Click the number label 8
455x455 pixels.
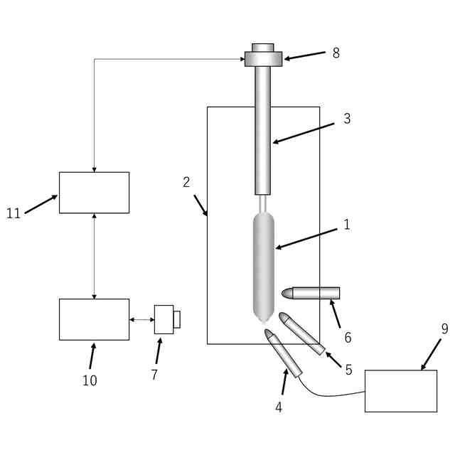pyautogui.click(x=336, y=53)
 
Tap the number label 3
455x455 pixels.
pyautogui.click(x=347, y=119)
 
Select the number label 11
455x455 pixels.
pyautogui.click(x=14, y=213)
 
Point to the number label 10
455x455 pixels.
pyautogui.click(x=90, y=380)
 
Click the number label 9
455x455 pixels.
pyautogui.click(x=444, y=328)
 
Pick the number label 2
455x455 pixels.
pyautogui.click(x=186, y=182)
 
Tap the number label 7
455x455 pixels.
pyautogui.click(x=154, y=375)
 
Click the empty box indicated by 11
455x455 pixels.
pyautogui.click(x=94, y=193)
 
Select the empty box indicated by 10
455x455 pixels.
pyautogui.click(x=94, y=319)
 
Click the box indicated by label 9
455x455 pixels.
pyautogui.click(x=400, y=390)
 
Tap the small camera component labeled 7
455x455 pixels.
pyautogui.click(x=165, y=319)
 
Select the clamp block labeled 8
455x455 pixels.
pyautogui.click(x=263, y=58)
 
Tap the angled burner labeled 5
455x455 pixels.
pyautogui.click(x=301, y=333)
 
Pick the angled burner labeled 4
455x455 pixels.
pyautogui.click(x=284, y=353)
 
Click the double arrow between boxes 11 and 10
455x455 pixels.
pyautogui.click(x=94, y=256)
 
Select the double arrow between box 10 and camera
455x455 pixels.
pyautogui.click(x=141, y=320)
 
